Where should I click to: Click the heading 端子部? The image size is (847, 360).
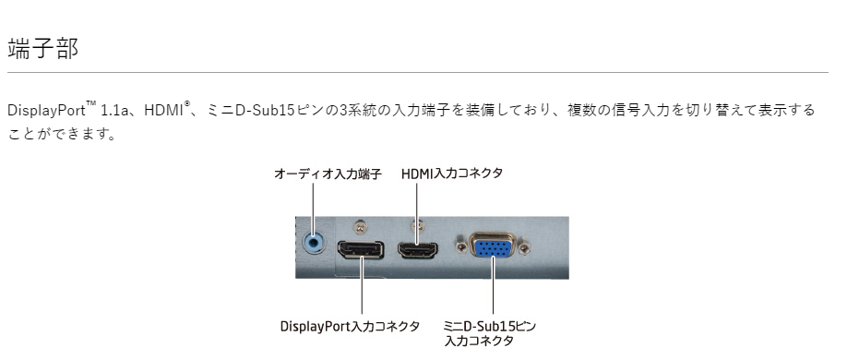point(42,48)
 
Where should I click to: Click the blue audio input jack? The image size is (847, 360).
point(316,242)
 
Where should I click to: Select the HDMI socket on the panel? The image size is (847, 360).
point(419,248)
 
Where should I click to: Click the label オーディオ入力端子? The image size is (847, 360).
point(328,174)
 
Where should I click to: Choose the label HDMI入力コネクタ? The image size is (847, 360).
point(452,174)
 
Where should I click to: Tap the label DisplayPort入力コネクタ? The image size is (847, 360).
point(350,327)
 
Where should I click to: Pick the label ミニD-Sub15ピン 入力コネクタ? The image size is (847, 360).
point(489,333)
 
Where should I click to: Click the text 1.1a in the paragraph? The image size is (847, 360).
point(116,111)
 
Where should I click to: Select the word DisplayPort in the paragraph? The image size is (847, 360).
point(46,111)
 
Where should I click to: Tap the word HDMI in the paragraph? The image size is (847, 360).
point(164,111)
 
